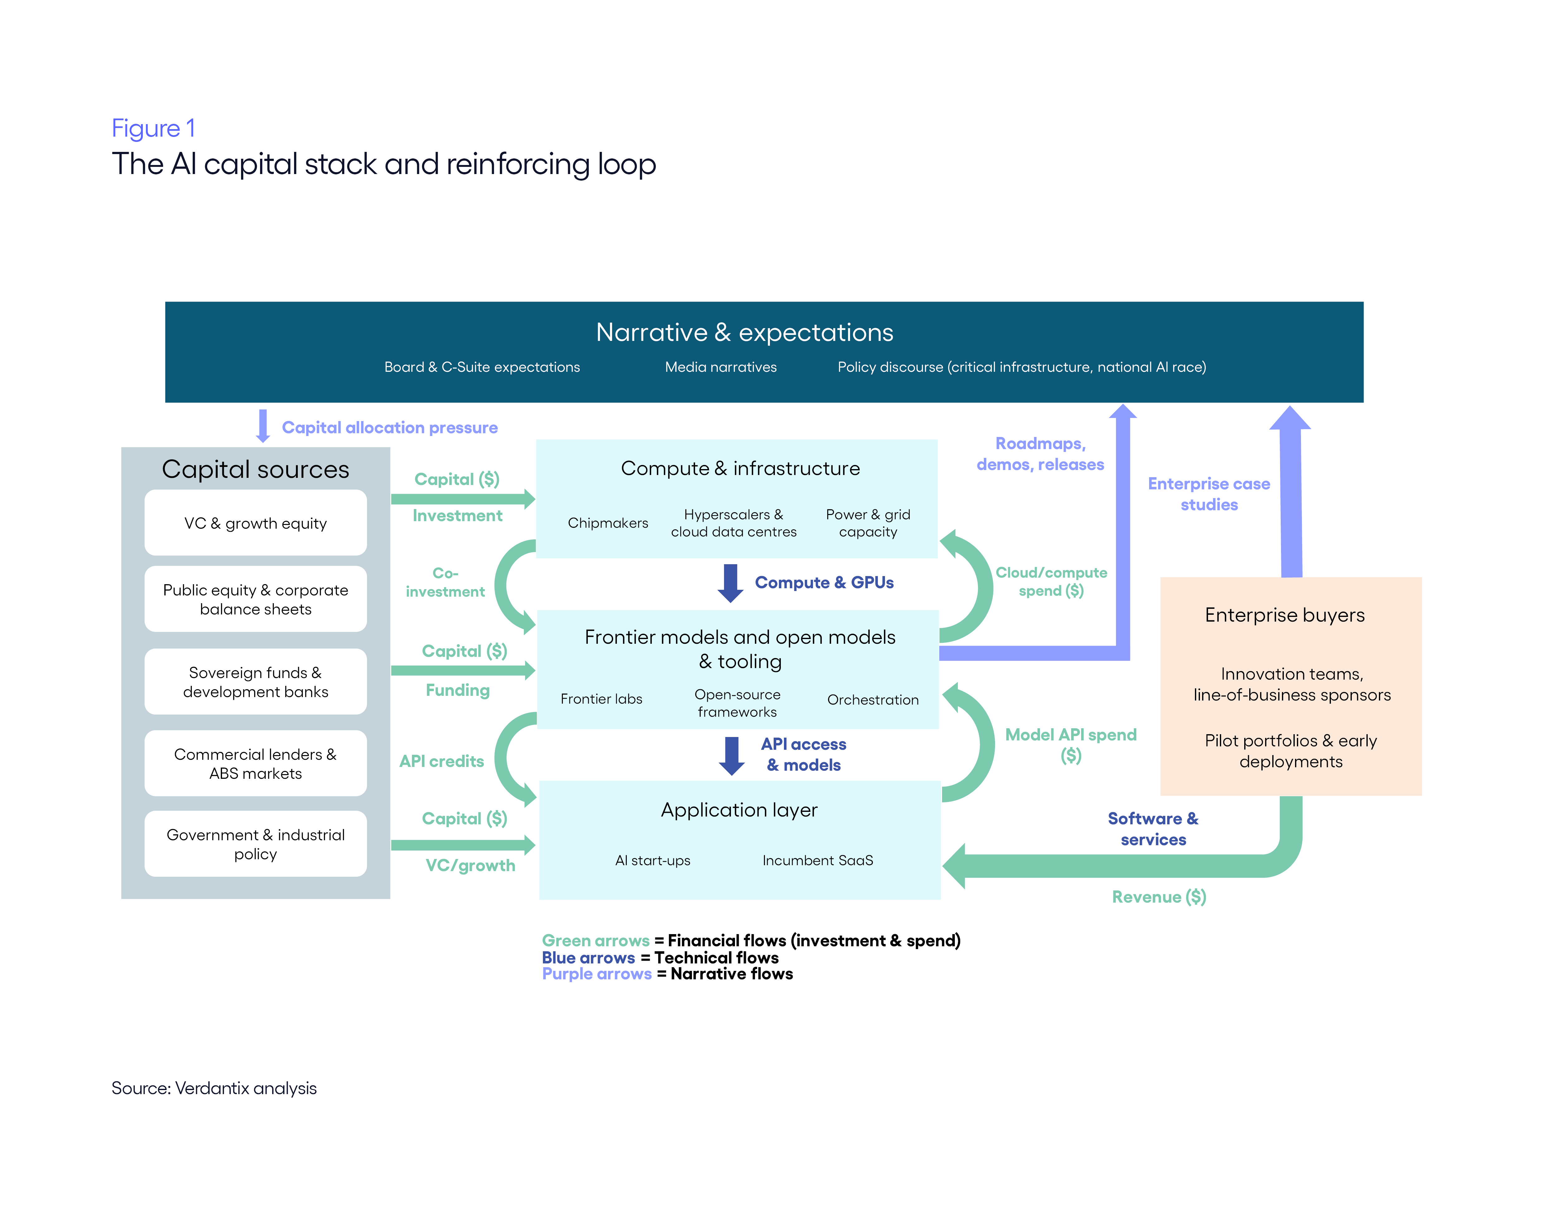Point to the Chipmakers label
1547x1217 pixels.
click(x=607, y=523)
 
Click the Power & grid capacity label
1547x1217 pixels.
click(x=868, y=523)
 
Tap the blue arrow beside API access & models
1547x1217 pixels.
click(x=732, y=755)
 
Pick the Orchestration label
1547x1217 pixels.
click(x=873, y=700)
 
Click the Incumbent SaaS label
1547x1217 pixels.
click(x=818, y=860)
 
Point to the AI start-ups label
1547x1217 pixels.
click(x=652, y=860)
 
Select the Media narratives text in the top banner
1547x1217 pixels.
click(x=721, y=367)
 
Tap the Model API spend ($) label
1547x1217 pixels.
click(x=1071, y=744)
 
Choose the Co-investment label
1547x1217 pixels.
click(x=445, y=582)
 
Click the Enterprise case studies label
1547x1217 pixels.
click(x=1209, y=494)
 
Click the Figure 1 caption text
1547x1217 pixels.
click(x=153, y=128)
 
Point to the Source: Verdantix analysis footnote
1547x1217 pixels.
click(x=214, y=1088)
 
